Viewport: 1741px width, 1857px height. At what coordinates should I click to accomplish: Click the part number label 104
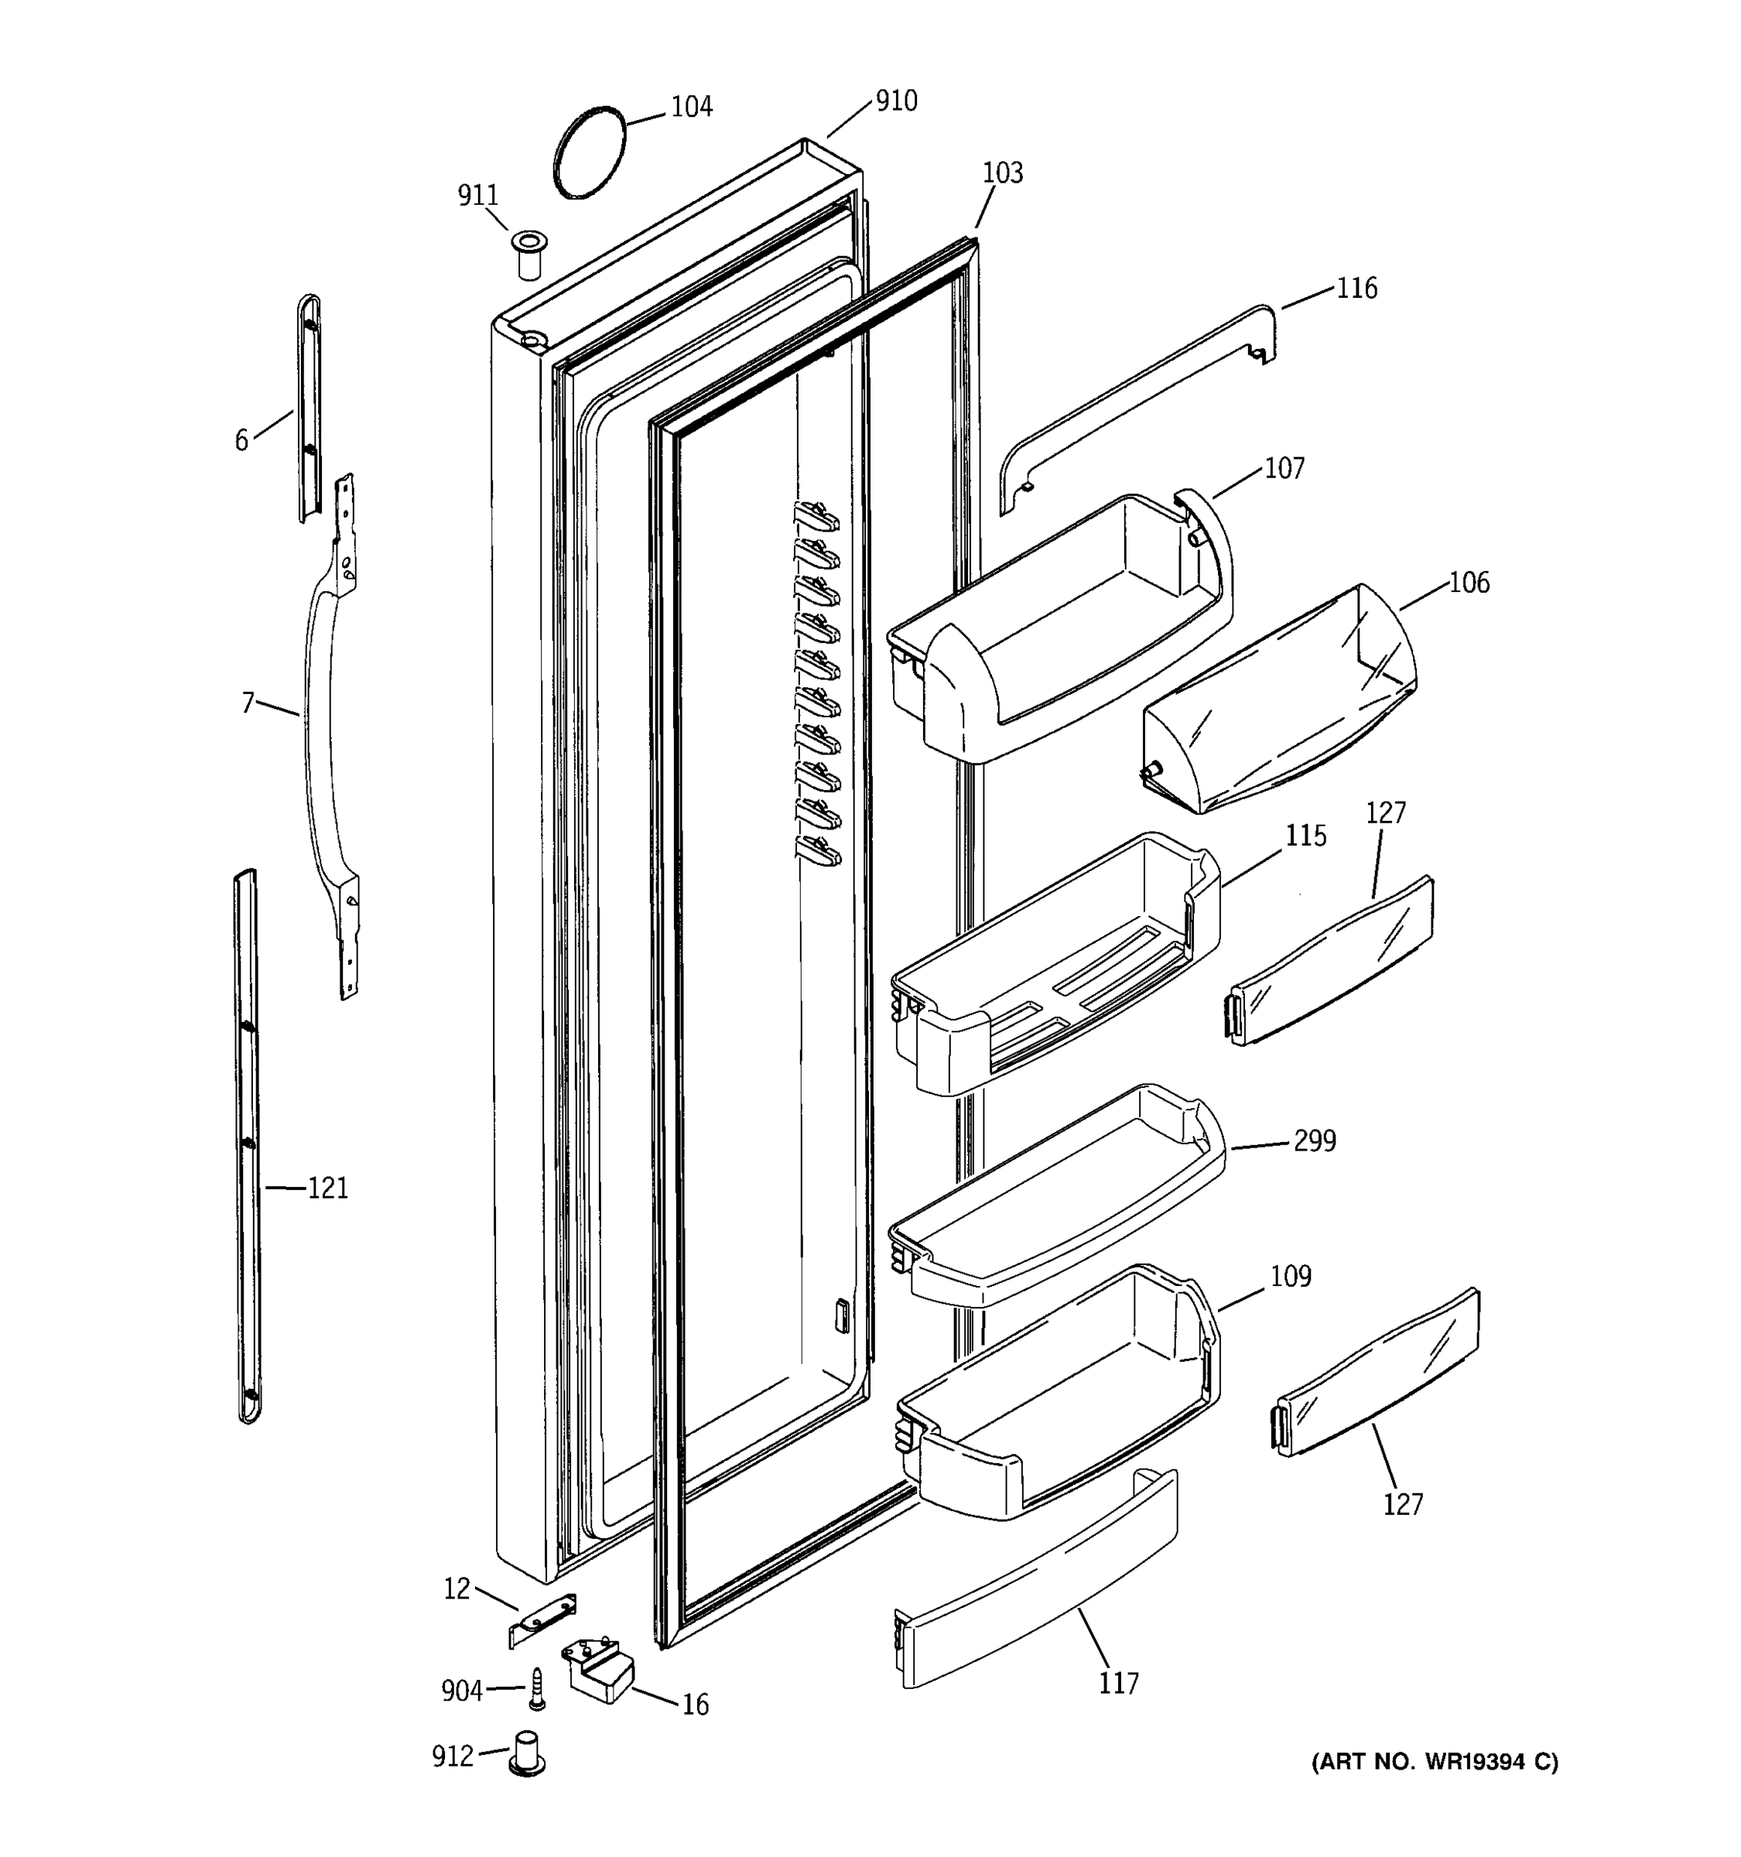pos(691,107)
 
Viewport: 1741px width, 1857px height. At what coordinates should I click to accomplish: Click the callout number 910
pos(896,101)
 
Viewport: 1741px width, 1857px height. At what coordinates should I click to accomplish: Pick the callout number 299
pos(1314,1141)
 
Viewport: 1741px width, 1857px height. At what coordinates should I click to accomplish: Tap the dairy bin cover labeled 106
pos(1280,700)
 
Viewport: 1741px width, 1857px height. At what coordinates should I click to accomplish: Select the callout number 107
pos(1284,468)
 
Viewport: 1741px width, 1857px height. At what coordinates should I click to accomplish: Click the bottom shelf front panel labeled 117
pos(1037,1578)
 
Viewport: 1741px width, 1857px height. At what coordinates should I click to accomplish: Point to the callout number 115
pos(1305,835)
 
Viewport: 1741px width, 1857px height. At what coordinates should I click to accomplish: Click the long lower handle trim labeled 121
pos(247,1149)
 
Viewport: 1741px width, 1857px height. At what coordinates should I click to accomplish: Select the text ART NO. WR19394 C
pos(1435,1763)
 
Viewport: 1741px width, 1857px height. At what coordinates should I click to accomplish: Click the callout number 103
pos(1002,173)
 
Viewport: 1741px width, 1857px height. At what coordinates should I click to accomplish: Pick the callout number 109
pos(1291,1276)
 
